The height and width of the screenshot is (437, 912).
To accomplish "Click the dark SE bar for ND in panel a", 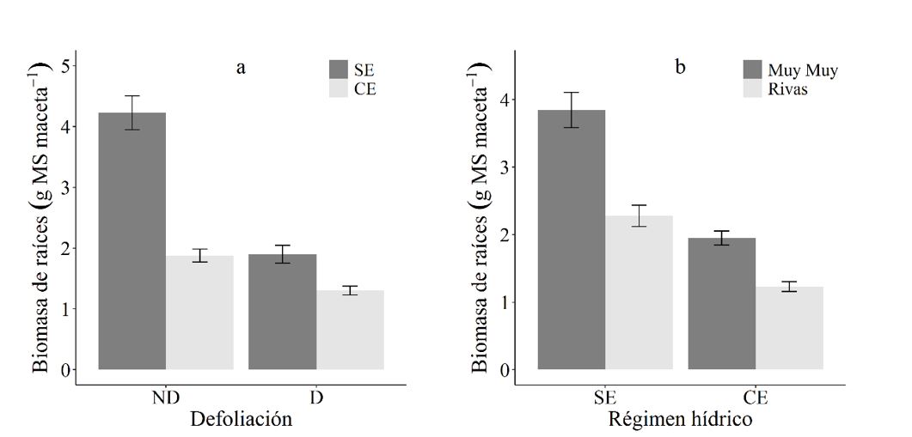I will [132, 241].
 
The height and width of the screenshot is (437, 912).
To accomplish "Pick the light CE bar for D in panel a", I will [350, 330].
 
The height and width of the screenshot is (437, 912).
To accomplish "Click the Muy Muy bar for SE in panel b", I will [572, 240].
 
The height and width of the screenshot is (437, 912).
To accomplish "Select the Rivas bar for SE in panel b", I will [639, 292].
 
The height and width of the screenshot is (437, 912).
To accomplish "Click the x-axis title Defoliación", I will [241, 420].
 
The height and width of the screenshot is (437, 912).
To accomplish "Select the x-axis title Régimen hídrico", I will [680, 420].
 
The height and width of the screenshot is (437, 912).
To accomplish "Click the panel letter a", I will [241, 68].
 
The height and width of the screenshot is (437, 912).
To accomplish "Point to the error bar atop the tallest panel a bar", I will [132, 112].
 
